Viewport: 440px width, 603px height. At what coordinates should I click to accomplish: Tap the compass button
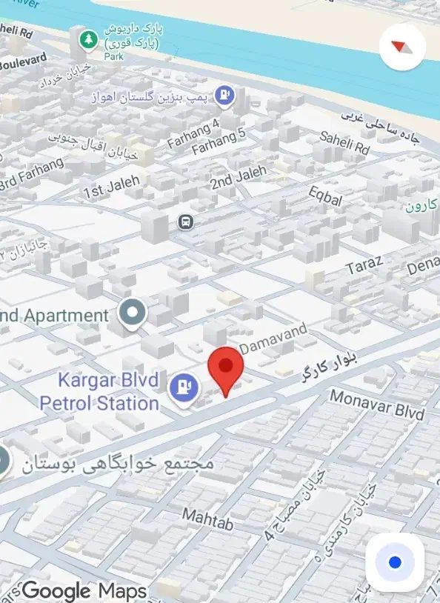point(401,46)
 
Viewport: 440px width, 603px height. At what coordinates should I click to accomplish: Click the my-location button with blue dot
point(395,562)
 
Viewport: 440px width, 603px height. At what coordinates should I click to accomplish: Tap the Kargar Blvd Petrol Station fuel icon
point(183,387)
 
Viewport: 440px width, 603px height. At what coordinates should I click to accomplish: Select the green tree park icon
point(88,39)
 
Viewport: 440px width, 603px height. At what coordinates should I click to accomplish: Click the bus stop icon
point(185,221)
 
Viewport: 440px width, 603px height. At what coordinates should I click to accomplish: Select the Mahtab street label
point(208,519)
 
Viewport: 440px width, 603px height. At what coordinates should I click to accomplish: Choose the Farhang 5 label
point(218,141)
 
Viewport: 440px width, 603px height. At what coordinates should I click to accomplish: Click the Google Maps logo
point(84,590)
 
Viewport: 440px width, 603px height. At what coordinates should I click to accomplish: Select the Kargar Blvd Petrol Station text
point(99,393)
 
